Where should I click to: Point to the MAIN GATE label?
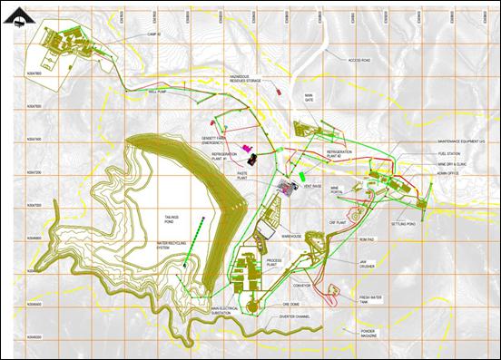tap(309, 99)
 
